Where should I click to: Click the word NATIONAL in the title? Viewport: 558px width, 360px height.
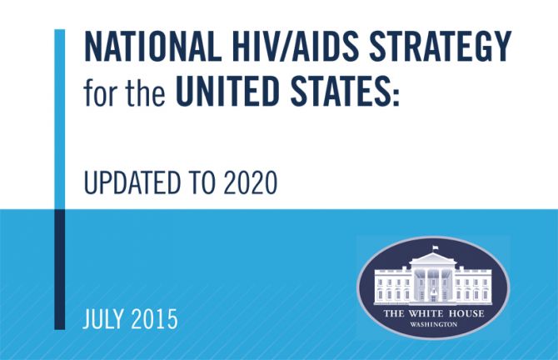coord(151,47)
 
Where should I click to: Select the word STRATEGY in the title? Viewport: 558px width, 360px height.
coord(441,47)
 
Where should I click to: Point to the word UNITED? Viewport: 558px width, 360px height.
coord(227,91)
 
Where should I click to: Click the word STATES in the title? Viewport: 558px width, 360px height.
coord(338,91)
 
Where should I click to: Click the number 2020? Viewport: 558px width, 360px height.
coord(251,182)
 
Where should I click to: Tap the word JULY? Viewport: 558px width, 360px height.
coord(103,318)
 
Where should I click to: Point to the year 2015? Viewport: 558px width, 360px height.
coord(154,318)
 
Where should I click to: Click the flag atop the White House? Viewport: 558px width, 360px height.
coord(435,247)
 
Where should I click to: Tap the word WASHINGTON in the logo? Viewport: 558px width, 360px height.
coord(433,324)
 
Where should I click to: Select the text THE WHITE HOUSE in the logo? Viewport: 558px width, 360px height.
coord(433,313)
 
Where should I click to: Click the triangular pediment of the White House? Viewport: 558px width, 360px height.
coord(433,258)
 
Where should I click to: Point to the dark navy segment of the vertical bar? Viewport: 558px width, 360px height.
coord(60,269)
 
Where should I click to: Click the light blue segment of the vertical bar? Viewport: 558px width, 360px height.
coord(60,119)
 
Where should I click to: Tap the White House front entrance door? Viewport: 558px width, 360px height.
coord(433,295)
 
